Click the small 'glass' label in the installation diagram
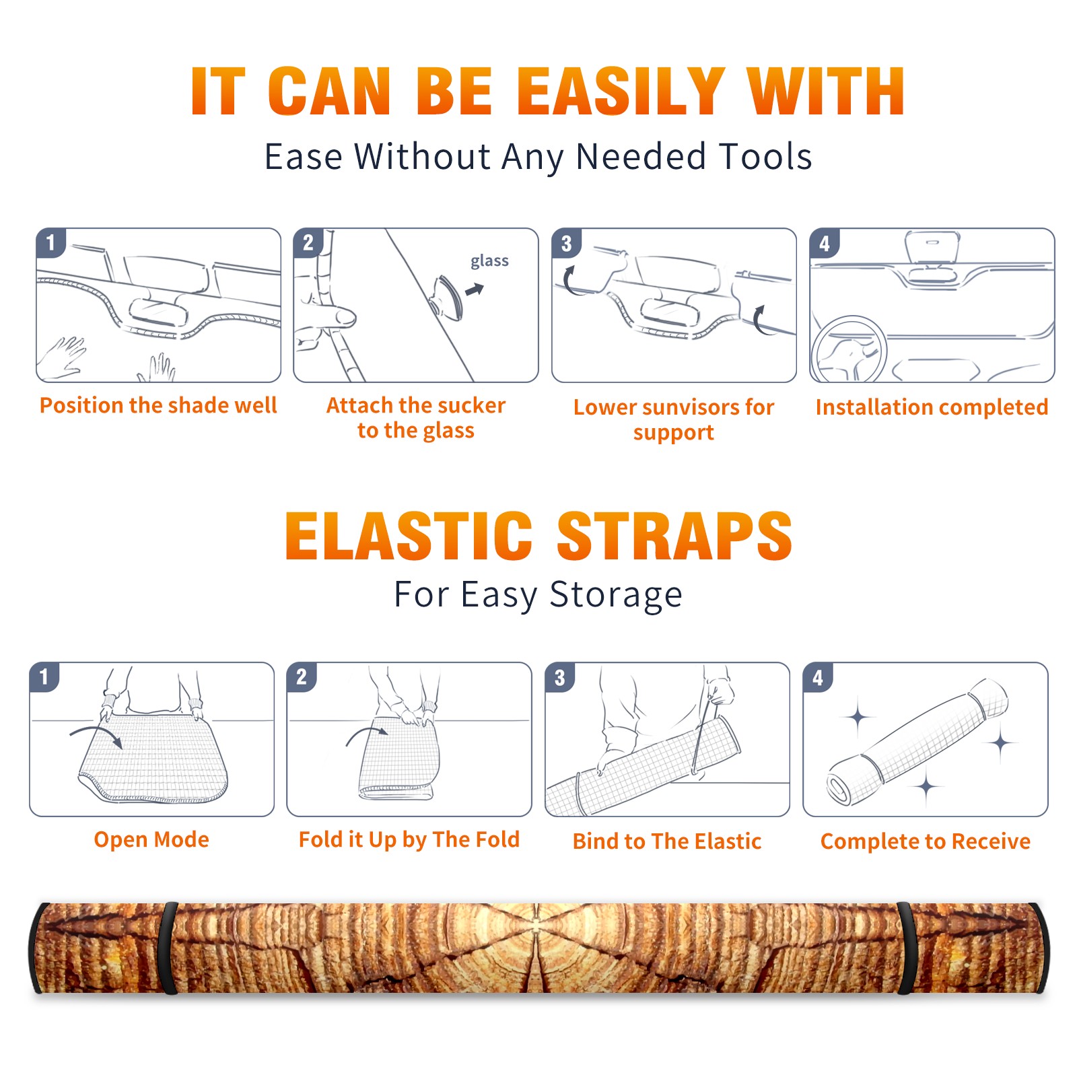[x=489, y=261]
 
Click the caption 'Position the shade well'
[x=158, y=405]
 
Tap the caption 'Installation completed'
[x=932, y=407]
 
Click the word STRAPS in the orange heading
[x=674, y=536]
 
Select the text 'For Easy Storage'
[x=538, y=594]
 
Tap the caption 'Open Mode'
[x=151, y=839]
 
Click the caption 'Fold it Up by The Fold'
[x=409, y=839]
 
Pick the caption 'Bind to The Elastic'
[x=667, y=841]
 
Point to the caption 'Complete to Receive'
[x=926, y=841]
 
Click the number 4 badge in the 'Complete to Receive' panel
[x=818, y=677]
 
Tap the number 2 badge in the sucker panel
[x=308, y=242]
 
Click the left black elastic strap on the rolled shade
[x=169, y=948]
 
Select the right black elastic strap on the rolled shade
[x=905, y=948]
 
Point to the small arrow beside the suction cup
[x=475, y=289]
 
